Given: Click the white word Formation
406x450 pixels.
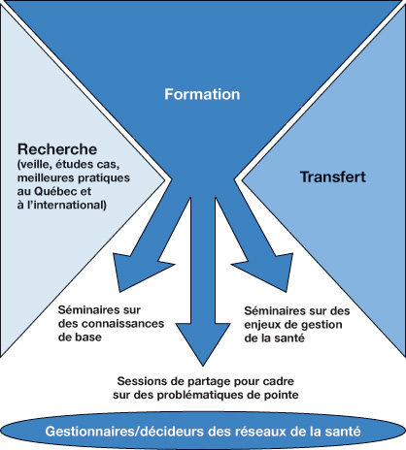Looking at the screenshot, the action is click(202, 94).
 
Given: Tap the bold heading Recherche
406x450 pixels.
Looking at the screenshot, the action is click(57, 149).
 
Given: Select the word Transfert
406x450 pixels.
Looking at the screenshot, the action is click(333, 177).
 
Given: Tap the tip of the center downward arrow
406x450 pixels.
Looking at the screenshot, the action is click(203, 367).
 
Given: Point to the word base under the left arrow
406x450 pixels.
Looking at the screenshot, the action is click(88, 337).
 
